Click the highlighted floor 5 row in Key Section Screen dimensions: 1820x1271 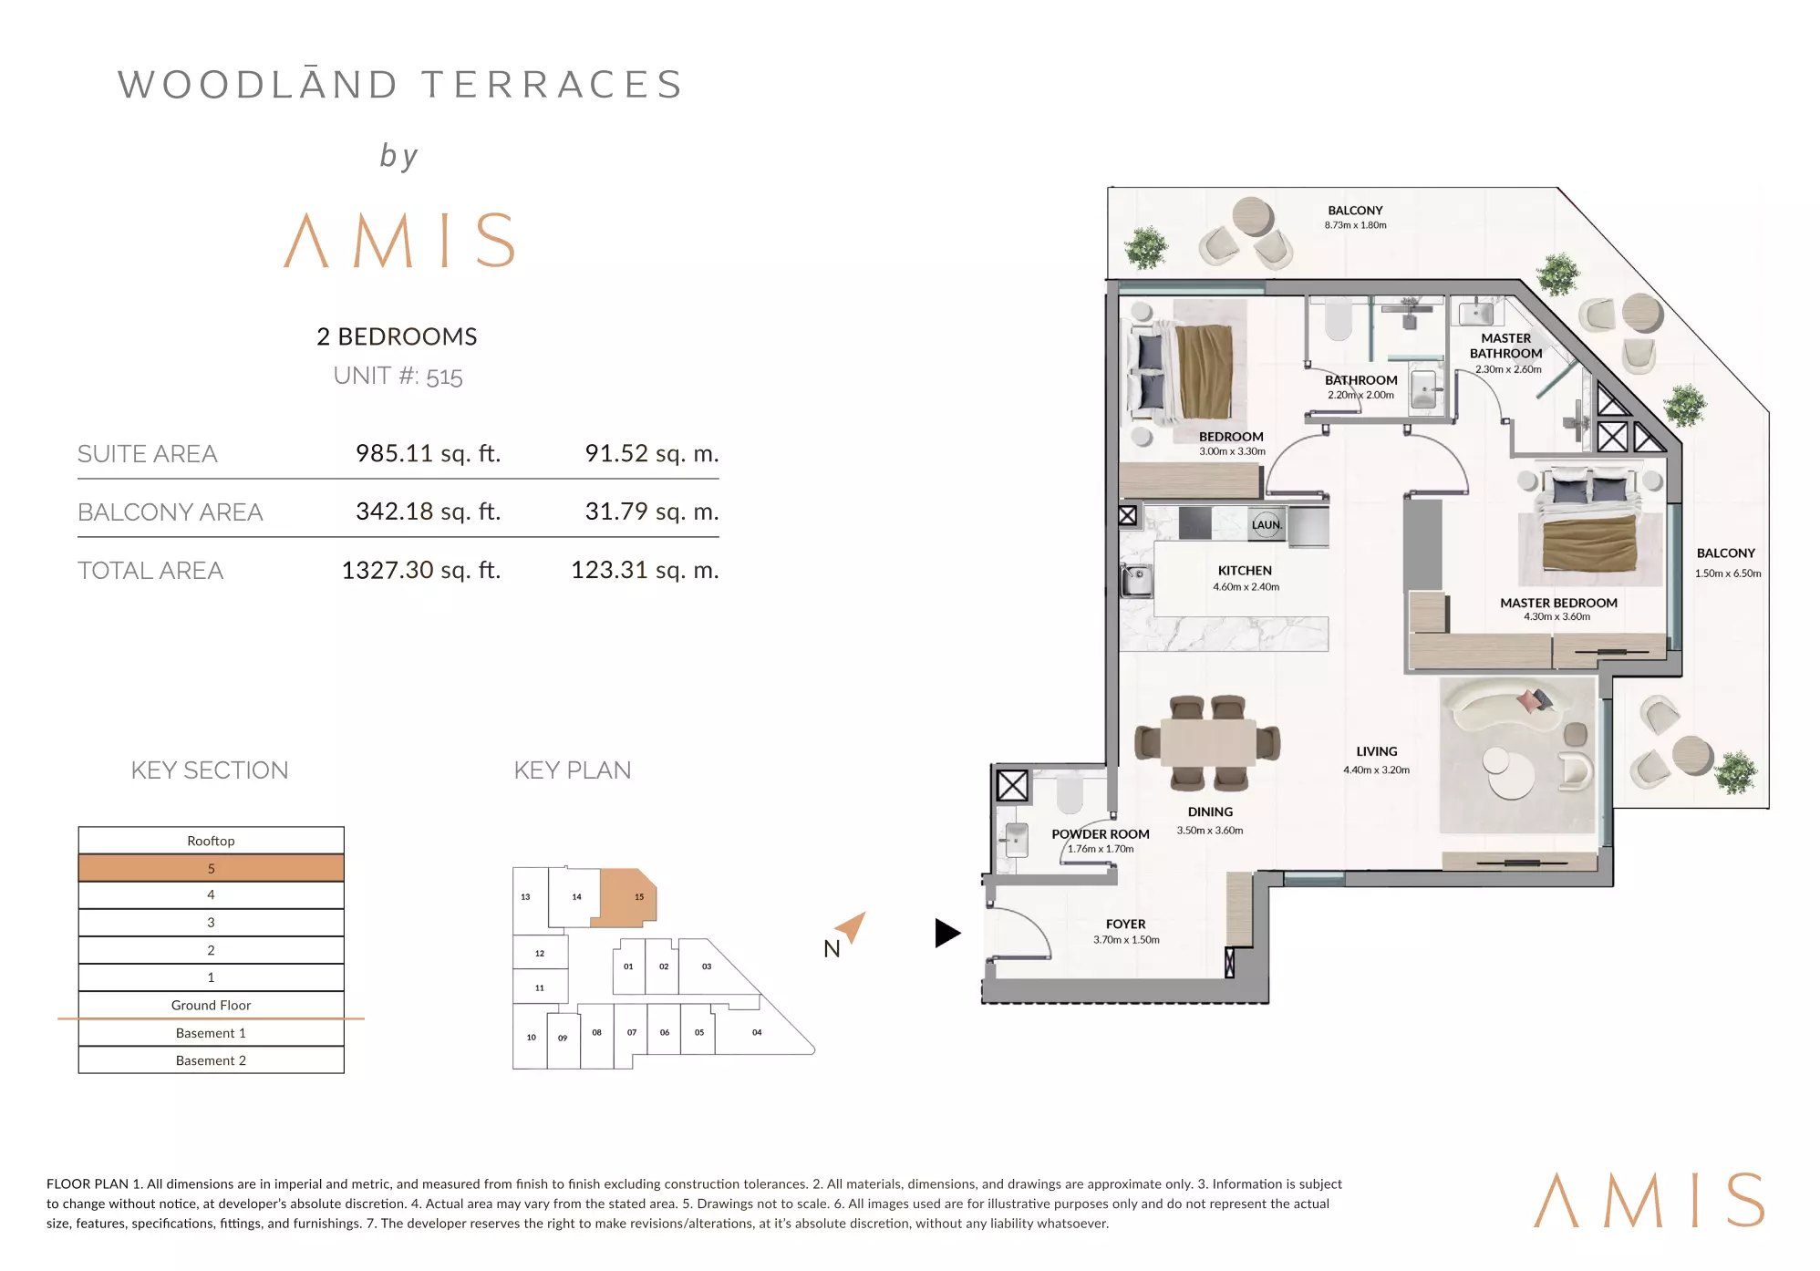click(x=211, y=868)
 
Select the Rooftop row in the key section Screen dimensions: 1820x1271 click(x=211, y=841)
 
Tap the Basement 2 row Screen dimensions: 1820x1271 click(x=211, y=1060)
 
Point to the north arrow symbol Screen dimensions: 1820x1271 click(x=851, y=927)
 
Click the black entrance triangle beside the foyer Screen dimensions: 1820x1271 click(x=947, y=933)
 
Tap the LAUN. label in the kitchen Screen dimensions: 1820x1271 click(x=1267, y=524)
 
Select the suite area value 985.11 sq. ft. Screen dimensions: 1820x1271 click(x=428, y=453)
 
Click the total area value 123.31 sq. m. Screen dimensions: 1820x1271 click(x=645, y=570)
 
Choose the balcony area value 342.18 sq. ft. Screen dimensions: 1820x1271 click(x=428, y=511)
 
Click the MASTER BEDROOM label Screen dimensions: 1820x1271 click(x=1558, y=603)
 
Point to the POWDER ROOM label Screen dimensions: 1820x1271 click(x=1101, y=834)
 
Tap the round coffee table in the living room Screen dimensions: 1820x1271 click(x=1509, y=770)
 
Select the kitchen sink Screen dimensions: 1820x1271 click(x=1136, y=581)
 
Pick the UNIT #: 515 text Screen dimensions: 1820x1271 click(x=398, y=377)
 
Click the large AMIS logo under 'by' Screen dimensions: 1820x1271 click(x=399, y=241)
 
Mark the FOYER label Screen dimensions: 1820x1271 click(x=1125, y=925)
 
